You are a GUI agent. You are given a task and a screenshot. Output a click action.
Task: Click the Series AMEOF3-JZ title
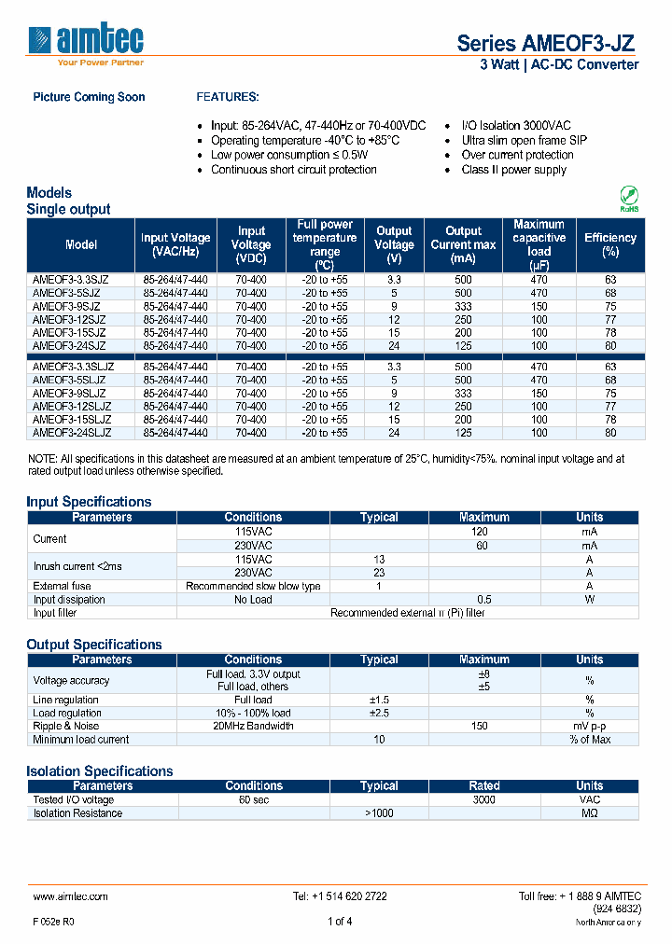pyautogui.click(x=547, y=43)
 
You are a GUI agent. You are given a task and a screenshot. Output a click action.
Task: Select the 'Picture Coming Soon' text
pyautogui.click(x=89, y=97)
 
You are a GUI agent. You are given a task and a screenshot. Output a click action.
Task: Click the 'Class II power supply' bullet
pyautogui.click(x=513, y=170)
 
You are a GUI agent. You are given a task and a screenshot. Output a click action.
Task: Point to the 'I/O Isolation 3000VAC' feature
pyautogui.click(x=516, y=125)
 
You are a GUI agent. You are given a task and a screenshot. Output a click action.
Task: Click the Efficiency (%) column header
pyautogui.click(x=609, y=244)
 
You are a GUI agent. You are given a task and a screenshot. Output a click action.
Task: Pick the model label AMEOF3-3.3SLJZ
pyautogui.click(x=74, y=368)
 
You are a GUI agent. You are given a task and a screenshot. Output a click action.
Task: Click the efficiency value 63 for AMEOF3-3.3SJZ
pyautogui.click(x=610, y=280)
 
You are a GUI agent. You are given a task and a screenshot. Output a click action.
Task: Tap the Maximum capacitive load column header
pyautogui.click(x=539, y=244)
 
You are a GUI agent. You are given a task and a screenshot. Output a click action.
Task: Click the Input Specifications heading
pyautogui.click(x=89, y=501)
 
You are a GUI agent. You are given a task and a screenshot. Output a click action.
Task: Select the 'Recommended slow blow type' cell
pyautogui.click(x=253, y=586)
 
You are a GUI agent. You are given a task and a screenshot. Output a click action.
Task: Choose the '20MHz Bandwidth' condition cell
pyautogui.click(x=253, y=726)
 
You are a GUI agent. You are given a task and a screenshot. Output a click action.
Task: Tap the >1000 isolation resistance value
pyautogui.click(x=379, y=812)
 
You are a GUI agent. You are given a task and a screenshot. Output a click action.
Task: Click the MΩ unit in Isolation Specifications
pyautogui.click(x=589, y=812)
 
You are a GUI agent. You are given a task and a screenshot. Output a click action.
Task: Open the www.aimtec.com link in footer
pyautogui.click(x=71, y=895)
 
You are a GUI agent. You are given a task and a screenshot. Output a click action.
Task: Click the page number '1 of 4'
pyautogui.click(x=340, y=922)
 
